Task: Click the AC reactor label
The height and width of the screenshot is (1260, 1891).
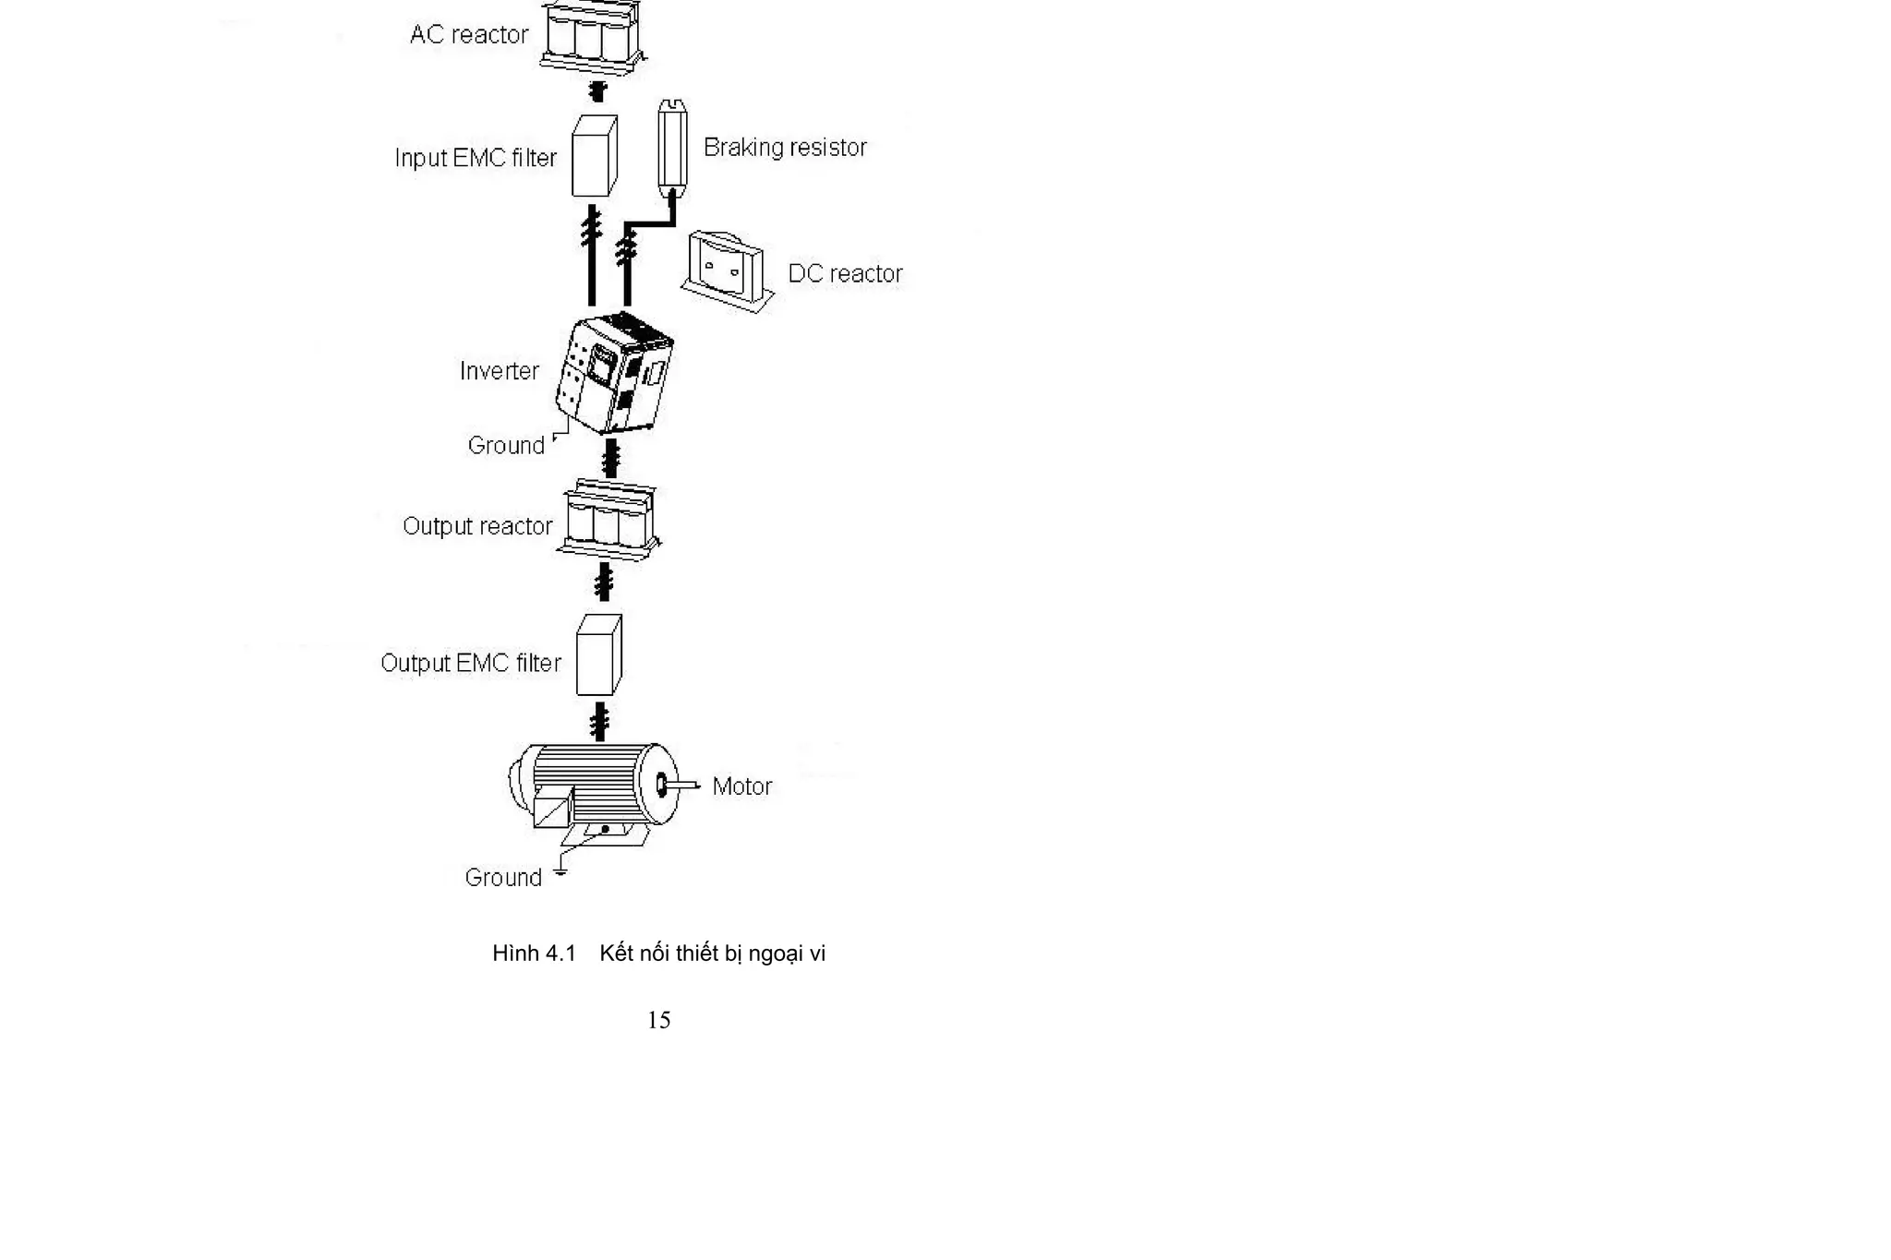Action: [x=469, y=35]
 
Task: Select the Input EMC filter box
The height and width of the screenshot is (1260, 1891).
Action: [x=594, y=156]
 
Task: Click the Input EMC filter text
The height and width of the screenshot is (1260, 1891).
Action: [x=476, y=158]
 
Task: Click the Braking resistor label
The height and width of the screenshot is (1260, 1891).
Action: [x=785, y=148]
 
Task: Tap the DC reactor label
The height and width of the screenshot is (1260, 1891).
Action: [x=845, y=274]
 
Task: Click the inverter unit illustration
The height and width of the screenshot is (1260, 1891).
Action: [x=614, y=374]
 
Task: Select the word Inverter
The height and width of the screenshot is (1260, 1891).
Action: [x=499, y=371]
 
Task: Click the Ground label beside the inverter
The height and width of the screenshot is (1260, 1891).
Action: [x=506, y=446]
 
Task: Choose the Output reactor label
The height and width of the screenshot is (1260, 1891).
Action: [x=477, y=526]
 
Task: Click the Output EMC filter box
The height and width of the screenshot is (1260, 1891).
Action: [x=598, y=655]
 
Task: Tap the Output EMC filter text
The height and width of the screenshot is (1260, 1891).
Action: [x=470, y=664]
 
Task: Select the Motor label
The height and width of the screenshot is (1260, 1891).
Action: [x=741, y=786]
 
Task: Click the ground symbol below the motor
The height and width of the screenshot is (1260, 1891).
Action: [x=560, y=870]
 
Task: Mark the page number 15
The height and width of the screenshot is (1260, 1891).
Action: [x=658, y=1020]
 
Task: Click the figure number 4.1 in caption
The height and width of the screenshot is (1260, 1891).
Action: [x=560, y=954]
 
